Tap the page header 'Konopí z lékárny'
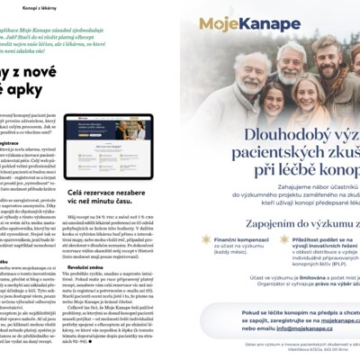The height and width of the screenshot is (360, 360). coord(31,6)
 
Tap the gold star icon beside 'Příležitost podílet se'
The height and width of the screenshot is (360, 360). coord(284,240)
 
